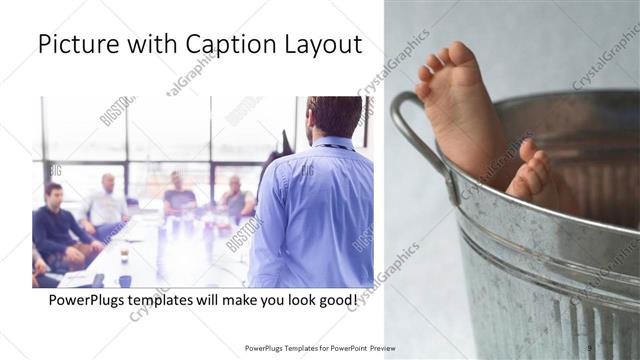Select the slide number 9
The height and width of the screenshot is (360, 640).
pyautogui.click(x=590, y=348)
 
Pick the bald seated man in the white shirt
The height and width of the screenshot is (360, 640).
pyautogui.click(x=106, y=204)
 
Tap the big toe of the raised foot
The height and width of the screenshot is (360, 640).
pyautogui.click(x=461, y=52)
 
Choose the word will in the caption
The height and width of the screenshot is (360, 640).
pyautogui.click(x=219, y=299)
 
